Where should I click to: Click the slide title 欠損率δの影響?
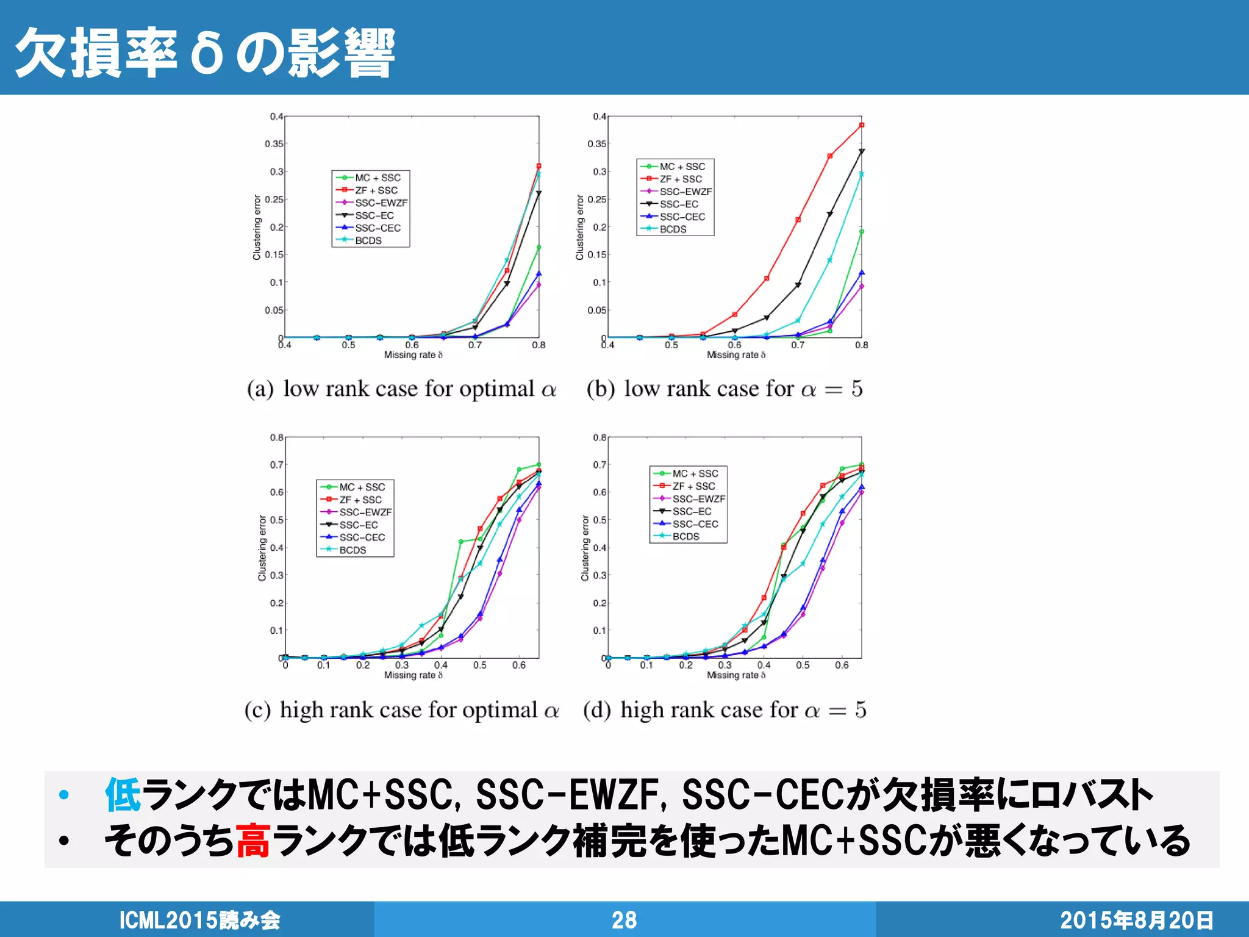coord(205,54)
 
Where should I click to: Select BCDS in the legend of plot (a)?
coord(368,241)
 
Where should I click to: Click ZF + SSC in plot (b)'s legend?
coord(680,179)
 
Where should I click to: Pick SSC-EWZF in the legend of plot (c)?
coord(365,512)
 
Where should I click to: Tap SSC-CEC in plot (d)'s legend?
coord(695,524)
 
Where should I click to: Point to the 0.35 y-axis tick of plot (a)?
coord(274,144)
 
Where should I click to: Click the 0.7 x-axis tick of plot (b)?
coord(798,345)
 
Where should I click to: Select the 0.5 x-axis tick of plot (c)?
coord(480,666)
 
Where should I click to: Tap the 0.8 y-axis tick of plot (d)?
coord(599,437)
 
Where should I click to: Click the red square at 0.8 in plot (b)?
coord(862,125)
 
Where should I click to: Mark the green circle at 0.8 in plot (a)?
coord(539,247)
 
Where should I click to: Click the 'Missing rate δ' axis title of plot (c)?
coord(413,675)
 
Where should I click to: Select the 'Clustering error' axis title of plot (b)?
coord(580,228)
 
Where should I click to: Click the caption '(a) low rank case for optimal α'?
coord(401,389)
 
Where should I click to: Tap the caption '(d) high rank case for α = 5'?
coord(725,710)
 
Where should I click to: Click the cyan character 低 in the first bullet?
coord(123,795)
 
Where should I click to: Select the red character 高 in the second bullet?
coord(252,841)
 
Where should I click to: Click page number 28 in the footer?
coord(624,920)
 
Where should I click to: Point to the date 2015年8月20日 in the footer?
coord(1136,920)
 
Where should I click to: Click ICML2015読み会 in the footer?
coord(199,920)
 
